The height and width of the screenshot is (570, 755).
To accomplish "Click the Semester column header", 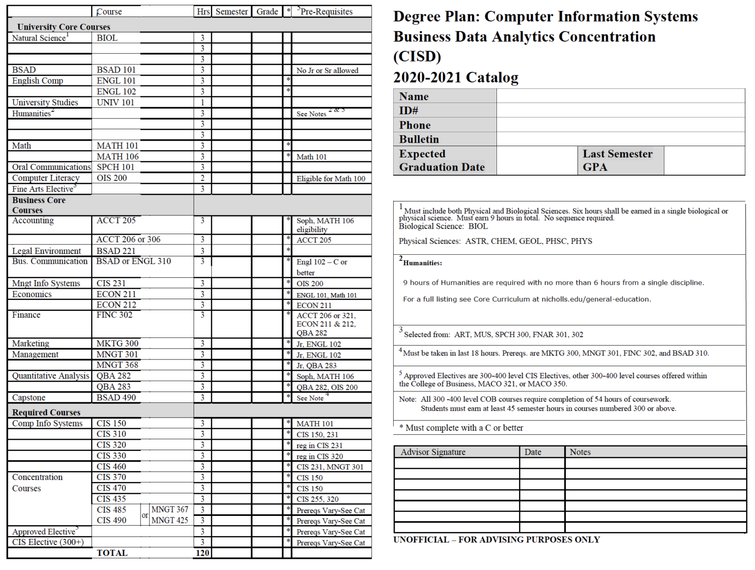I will (x=232, y=11).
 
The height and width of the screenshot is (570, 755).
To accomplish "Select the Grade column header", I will (x=267, y=11).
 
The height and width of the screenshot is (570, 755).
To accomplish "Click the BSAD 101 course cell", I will (x=116, y=70).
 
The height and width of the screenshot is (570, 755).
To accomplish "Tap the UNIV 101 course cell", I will (x=115, y=102).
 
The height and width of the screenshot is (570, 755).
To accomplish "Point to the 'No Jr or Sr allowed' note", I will (x=327, y=70).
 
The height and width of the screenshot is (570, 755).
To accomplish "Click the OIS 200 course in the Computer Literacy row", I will (x=112, y=178).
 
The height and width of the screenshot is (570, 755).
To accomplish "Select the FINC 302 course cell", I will (x=115, y=315).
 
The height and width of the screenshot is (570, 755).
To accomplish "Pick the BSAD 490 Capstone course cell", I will (x=116, y=397).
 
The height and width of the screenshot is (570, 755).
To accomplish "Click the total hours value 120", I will (x=203, y=553).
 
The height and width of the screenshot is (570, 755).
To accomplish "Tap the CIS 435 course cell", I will (x=111, y=499).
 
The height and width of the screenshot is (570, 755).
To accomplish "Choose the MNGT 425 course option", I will (x=170, y=520).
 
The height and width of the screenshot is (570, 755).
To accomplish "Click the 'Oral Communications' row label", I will (x=51, y=167).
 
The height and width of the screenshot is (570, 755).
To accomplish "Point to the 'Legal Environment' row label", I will (x=47, y=251).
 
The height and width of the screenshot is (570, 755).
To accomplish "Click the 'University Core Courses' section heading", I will (x=63, y=27).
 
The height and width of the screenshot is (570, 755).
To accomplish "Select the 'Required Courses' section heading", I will (x=46, y=412).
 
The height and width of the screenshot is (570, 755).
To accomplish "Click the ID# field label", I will (x=408, y=111).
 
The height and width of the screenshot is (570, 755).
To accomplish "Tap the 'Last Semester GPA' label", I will (x=617, y=160).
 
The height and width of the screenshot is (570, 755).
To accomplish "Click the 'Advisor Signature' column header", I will (x=433, y=452).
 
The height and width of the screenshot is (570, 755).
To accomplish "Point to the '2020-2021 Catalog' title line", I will (x=456, y=77).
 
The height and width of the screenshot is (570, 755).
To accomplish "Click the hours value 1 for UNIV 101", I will (x=203, y=102).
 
